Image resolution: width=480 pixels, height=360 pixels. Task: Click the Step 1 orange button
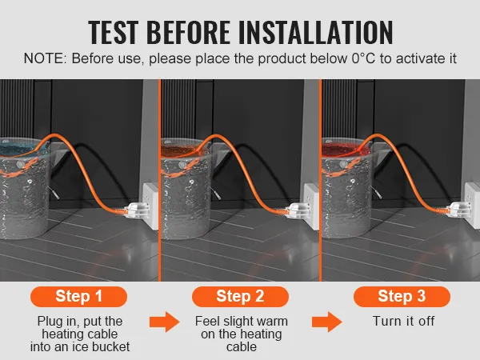pyautogui.click(x=78, y=296)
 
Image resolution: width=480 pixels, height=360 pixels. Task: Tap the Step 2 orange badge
pyautogui.click(x=240, y=296)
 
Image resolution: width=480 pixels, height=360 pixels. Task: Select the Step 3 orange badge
pyautogui.click(x=402, y=296)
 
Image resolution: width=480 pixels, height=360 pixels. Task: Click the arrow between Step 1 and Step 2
pyautogui.click(x=164, y=322)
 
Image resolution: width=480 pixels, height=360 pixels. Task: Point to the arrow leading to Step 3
pyautogui.click(x=327, y=322)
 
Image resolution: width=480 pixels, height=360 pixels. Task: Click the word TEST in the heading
pyautogui.click(x=113, y=32)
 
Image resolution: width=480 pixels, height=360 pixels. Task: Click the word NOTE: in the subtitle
pyautogui.click(x=45, y=58)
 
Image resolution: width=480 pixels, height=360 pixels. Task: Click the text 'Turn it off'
pyautogui.click(x=403, y=321)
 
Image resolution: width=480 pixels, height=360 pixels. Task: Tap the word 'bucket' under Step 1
pyautogui.click(x=111, y=346)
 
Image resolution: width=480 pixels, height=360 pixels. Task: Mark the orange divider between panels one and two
pyautogui.click(x=159, y=180)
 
